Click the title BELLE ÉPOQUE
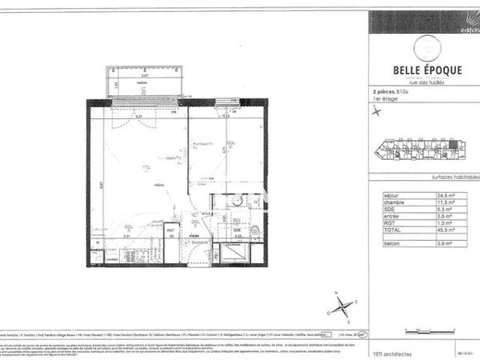pos(424,68)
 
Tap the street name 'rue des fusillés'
pos(425,82)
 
